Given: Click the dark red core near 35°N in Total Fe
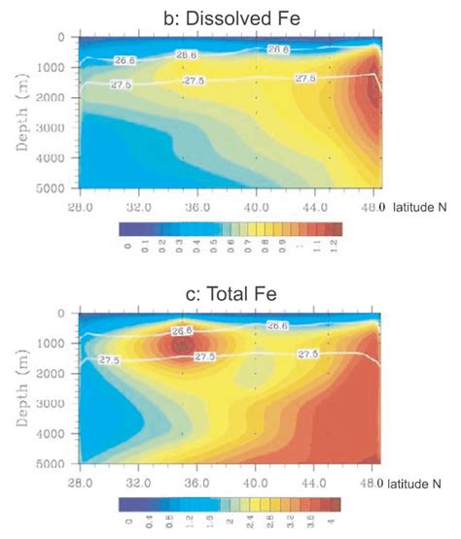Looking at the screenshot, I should tap(182, 345).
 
